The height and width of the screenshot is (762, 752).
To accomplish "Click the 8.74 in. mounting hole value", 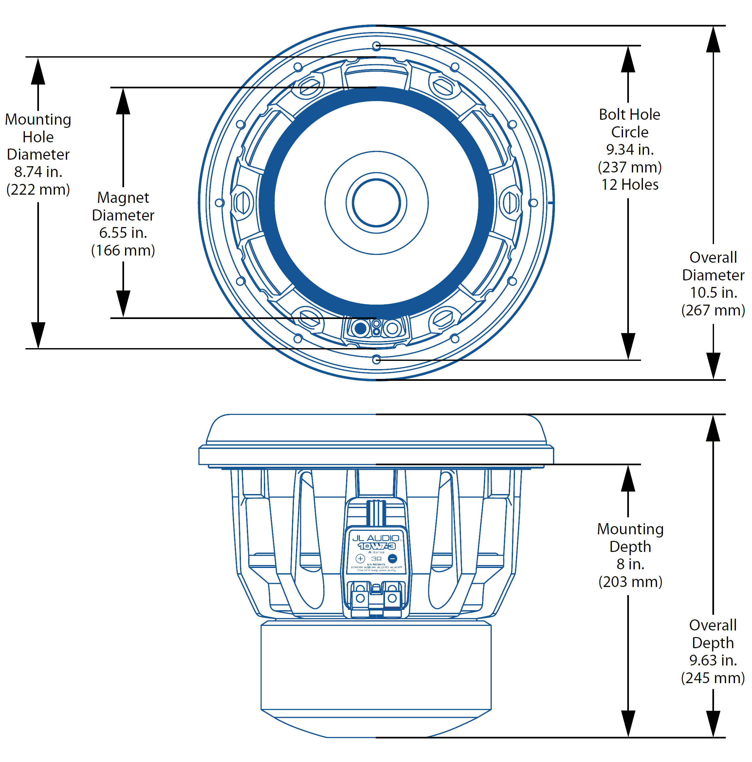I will click(38, 172).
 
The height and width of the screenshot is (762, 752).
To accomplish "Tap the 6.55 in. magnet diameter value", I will click(123, 233).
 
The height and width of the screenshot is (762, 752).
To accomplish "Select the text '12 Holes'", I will click(629, 185).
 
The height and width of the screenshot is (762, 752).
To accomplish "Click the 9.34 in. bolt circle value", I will click(629, 150).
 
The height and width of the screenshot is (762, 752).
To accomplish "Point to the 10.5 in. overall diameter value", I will click(713, 292).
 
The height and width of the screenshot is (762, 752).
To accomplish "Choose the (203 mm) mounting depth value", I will click(630, 582).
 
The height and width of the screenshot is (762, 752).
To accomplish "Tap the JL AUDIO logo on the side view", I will click(375, 538).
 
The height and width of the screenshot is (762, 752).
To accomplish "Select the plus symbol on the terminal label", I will click(360, 558).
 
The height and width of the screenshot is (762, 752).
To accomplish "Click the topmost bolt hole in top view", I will click(376, 46).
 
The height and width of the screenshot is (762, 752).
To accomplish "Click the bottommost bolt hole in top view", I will click(376, 360).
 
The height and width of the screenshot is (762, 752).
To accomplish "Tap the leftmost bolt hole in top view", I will click(219, 203).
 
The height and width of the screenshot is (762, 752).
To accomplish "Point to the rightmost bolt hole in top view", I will click(533, 203).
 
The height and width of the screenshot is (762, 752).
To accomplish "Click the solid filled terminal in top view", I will click(360, 328).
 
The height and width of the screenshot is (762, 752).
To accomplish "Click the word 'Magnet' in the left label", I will click(123, 198).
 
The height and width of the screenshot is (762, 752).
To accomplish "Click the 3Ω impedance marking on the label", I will click(376, 559).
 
